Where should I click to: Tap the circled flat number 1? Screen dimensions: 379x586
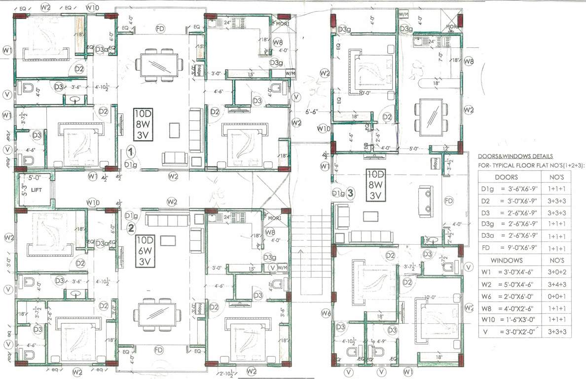click(130, 151)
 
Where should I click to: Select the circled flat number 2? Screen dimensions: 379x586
click(131, 227)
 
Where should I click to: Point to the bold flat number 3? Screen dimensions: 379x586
click(350, 193)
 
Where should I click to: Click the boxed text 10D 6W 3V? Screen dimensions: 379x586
click(146, 250)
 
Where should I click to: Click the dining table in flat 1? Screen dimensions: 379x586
click(159, 64)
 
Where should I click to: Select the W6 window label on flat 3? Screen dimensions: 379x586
click(325, 312)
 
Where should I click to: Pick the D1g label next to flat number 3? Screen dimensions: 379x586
click(338, 193)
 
